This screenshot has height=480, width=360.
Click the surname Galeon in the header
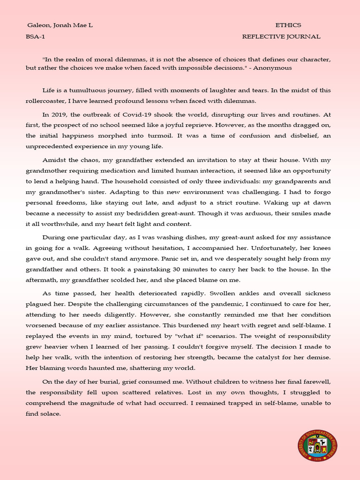37,25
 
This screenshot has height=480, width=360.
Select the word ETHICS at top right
288,25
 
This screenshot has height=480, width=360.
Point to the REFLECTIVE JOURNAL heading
281,37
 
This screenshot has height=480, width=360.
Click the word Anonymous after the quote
277,67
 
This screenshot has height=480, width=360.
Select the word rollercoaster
45,101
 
